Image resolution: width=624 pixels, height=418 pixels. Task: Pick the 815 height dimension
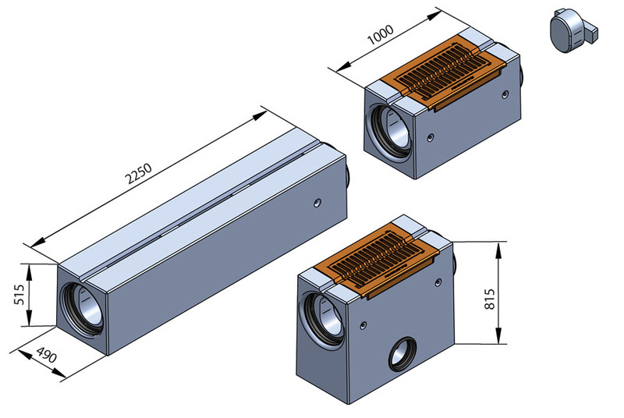pos(490,292)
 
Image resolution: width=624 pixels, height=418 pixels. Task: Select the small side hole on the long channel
pos(316,202)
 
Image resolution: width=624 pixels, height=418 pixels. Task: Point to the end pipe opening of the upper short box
pos(390,126)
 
